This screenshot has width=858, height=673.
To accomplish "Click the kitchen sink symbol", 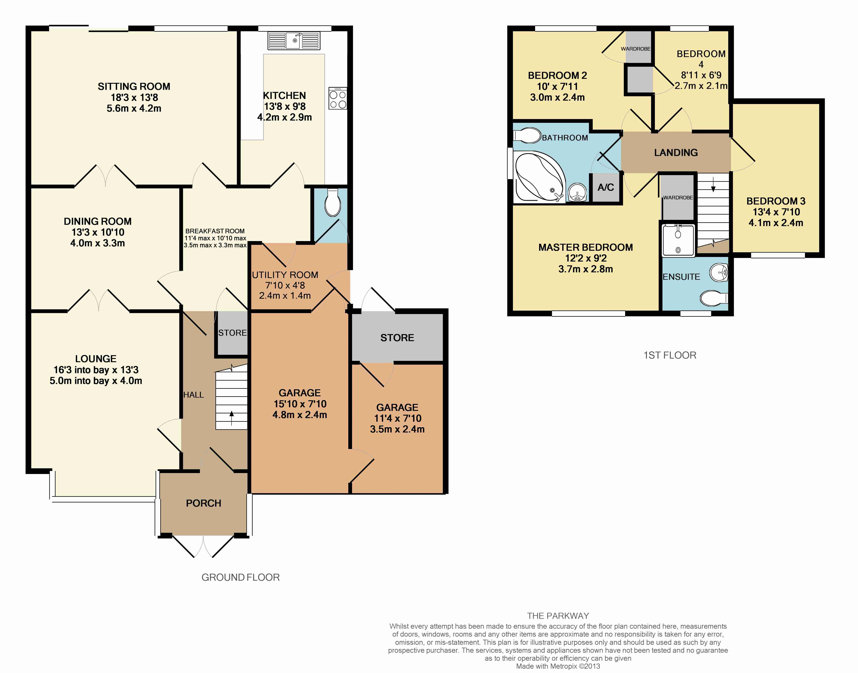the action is click(294, 41).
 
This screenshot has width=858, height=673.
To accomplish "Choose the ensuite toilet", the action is click(714, 298).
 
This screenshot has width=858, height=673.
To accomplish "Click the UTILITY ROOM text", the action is click(285, 275).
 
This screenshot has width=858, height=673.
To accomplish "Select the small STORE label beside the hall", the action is click(233, 333).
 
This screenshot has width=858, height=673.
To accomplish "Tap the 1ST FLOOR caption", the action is click(670, 355).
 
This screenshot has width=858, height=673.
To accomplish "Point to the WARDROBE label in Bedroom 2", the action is click(635, 49).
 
